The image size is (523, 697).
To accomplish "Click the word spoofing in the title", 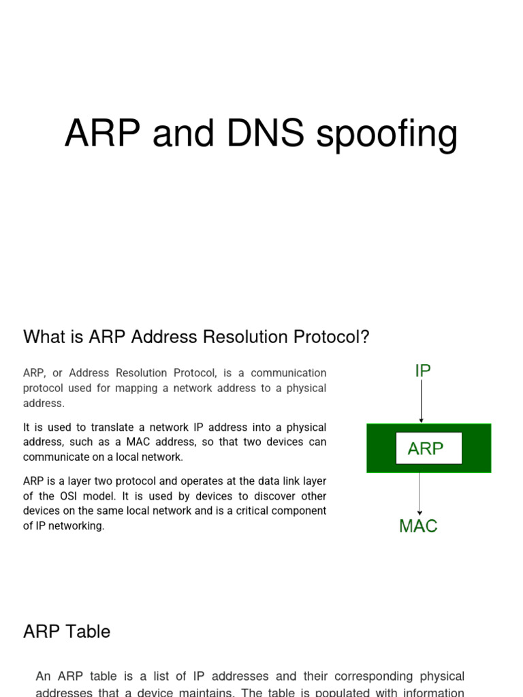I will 387,135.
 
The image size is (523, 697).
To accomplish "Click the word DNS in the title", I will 266,133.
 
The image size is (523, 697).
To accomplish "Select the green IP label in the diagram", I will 423,371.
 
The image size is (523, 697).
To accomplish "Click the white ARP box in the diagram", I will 428,449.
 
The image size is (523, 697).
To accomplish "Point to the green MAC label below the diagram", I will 418,526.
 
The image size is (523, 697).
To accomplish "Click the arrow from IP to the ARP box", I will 422,402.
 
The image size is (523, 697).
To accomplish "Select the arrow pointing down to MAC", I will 419,494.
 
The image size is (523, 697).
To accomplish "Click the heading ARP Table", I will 67,632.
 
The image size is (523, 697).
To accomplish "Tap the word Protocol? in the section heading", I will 334,337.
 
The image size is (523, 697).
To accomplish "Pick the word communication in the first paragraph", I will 290,373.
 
